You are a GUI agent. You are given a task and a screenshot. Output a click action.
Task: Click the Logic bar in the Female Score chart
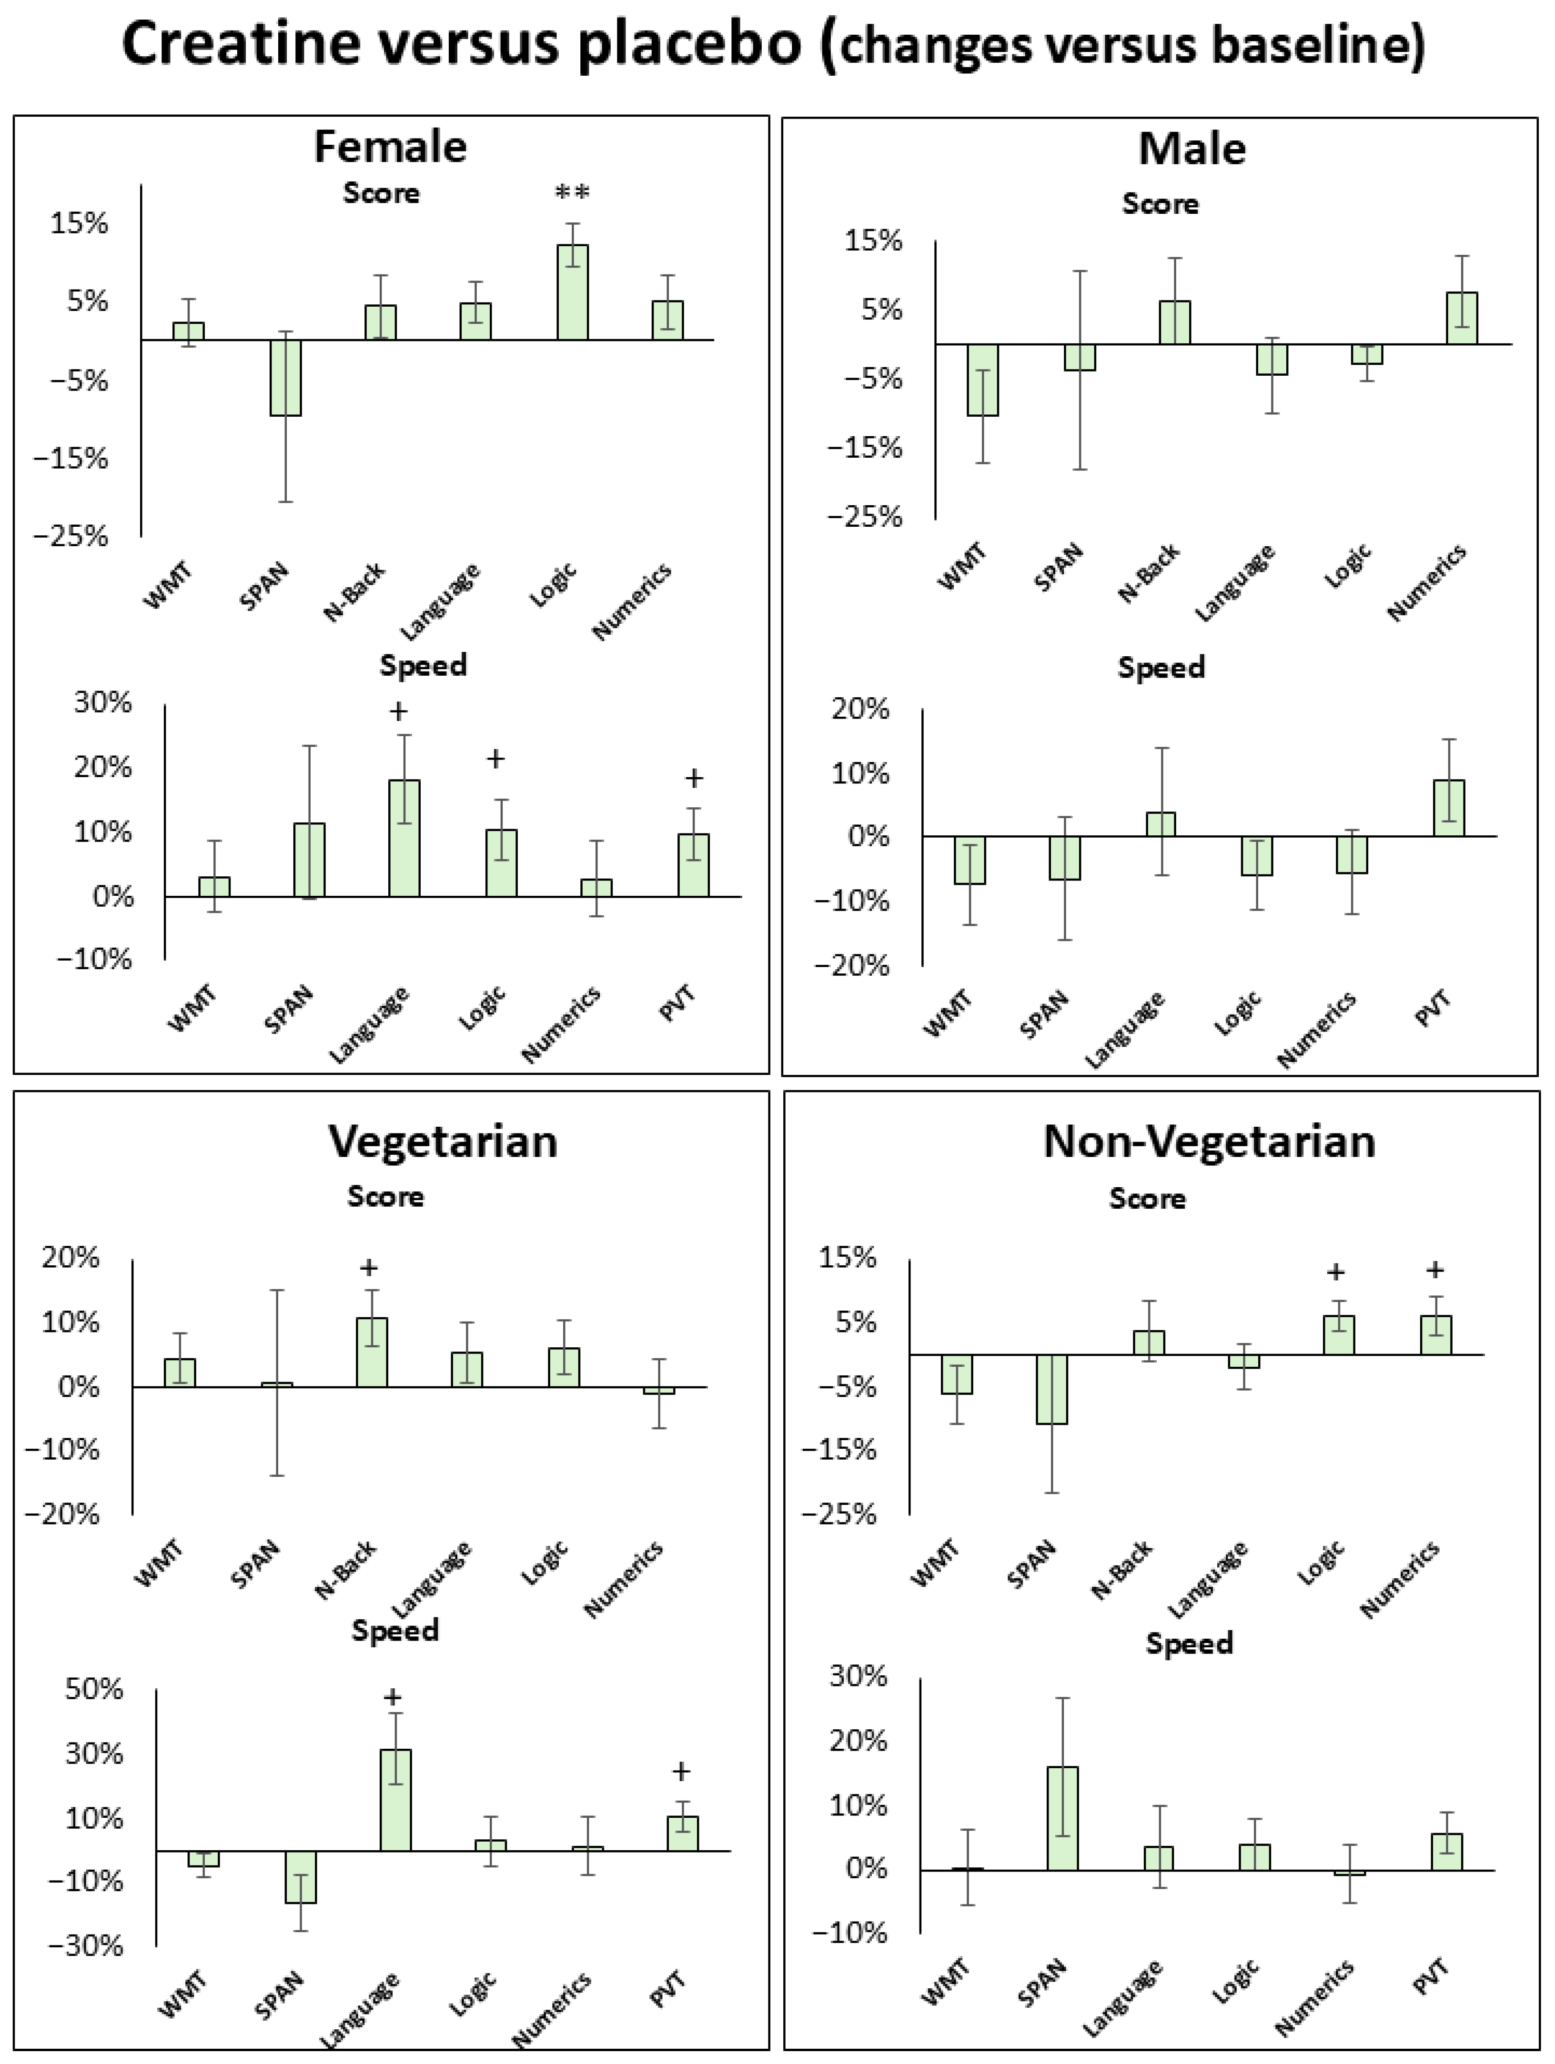[x=572, y=292]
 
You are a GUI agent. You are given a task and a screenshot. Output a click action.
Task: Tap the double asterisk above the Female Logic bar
[x=572, y=193]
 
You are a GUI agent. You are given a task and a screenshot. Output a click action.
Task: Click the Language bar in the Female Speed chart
[x=404, y=838]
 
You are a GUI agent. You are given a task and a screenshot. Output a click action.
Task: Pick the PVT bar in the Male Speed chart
[x=1449, y=808]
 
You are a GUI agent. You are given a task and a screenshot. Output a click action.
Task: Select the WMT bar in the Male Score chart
[x=983, y=380]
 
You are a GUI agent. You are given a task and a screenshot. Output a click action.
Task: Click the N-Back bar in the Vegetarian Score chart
[x=372, y=1352]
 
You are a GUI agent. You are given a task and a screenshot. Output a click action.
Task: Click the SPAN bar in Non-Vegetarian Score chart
[x=1052, y=1388]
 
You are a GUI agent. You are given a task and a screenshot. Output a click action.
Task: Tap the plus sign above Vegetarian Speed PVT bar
[x=681, y=1771]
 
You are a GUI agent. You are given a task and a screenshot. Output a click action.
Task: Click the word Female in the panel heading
[x=390, y=147]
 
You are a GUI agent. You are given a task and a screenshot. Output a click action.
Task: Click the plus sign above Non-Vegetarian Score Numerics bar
[x=1435, y=1270]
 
